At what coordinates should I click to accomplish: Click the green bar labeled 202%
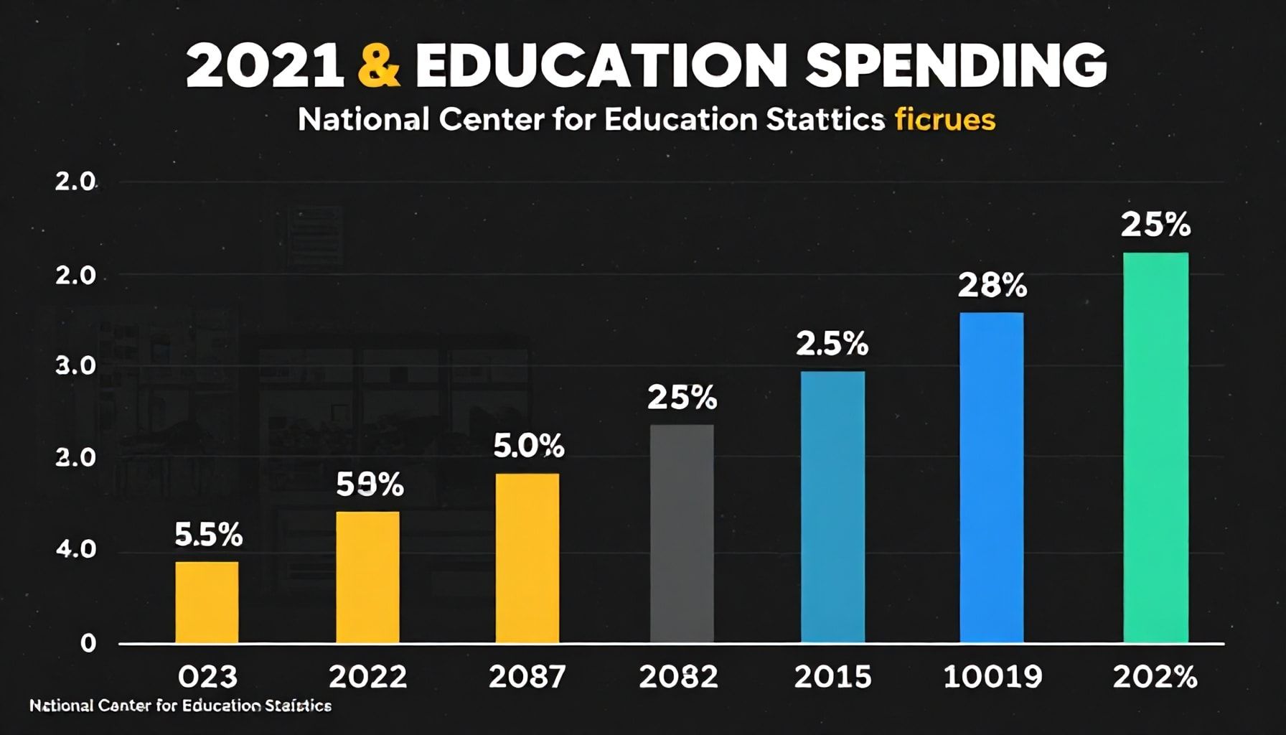tap(1155, 447)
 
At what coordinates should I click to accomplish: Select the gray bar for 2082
tap(682, 533)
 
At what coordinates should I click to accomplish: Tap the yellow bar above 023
tap(207, 601)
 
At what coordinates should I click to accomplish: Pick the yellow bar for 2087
tap(527, 558)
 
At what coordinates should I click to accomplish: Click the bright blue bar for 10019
tap(992, 477)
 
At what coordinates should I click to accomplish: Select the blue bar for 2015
tap(832, 507)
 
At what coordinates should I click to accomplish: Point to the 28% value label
tap(992, 286)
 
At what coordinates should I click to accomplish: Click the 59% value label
tap(370, 485)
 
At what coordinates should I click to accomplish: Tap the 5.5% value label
tap(208, 535)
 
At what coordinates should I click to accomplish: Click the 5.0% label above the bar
tap(528, 446)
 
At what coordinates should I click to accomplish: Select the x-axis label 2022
tap(367, 677)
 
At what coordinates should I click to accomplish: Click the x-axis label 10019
tap(992, 677)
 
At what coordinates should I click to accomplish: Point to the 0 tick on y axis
tap(88, 643)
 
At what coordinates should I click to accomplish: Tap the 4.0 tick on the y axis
tap(75, 551)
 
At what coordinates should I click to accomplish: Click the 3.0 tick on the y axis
tap(75, 366)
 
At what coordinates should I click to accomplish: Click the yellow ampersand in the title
tap(377, 66)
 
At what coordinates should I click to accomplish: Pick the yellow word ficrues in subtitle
tap(944, 120)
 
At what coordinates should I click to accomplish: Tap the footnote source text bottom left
tap(180, 706)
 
